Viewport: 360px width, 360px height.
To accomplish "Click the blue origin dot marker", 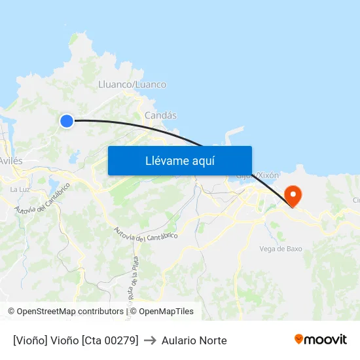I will click(x=66, y=120).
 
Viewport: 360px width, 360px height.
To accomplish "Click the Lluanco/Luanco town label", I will click(x=132, y=84).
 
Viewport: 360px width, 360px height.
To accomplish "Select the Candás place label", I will click(x=160, y=115).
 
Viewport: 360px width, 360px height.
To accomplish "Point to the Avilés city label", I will click(x=10, y=161).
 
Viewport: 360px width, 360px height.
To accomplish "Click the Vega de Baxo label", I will click(x=280, y=249).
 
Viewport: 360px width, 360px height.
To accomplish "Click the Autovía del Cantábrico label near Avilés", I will click(x=42, y=198).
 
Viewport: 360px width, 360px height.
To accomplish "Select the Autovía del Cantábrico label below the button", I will click(x=145, y=234).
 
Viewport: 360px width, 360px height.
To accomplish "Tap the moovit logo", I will click(x=320, y=340).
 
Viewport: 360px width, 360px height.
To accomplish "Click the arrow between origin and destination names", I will click(x=150, y=340).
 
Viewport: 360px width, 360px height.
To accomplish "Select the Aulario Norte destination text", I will click(x=194, y=340).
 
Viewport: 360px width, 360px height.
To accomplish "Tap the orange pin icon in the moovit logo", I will click(x=298, y=339).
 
